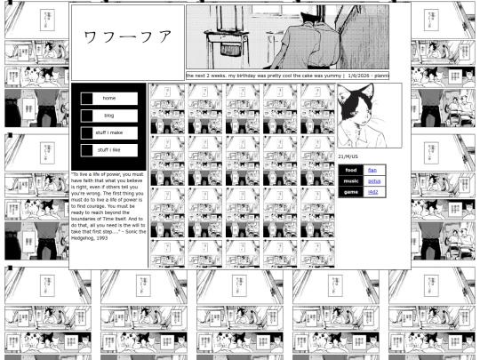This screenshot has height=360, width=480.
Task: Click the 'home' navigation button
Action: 109,98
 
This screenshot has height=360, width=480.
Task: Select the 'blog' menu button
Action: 109,116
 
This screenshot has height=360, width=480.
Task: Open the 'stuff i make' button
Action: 109,132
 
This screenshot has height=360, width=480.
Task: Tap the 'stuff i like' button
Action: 109,150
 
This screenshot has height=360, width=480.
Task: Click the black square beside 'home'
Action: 87,98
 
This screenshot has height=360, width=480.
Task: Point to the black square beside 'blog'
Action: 87,116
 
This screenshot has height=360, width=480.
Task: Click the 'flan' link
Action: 372,170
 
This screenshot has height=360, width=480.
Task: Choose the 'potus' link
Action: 374,180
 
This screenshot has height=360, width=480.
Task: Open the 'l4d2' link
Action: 373,192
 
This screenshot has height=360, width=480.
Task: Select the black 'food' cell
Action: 351,170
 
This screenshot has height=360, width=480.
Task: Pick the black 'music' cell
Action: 351,180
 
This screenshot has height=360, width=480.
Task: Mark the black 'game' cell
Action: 351,192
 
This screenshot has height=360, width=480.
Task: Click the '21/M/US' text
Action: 348,156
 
